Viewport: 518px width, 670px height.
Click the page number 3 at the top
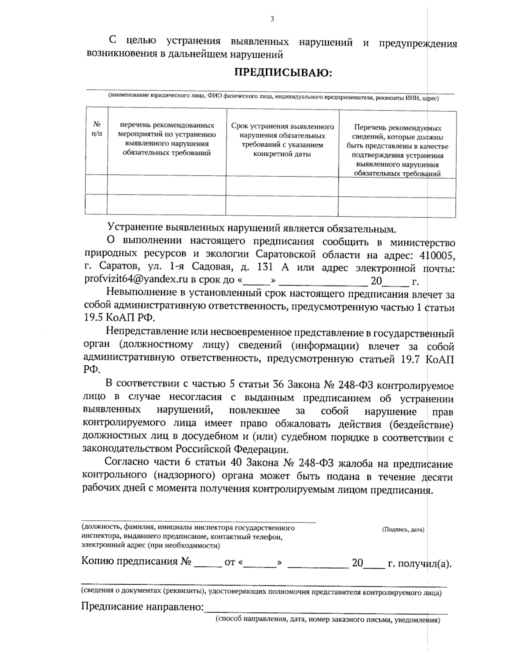click(x=272, y=19)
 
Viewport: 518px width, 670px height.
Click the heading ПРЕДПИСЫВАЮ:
click(x=283, y=72)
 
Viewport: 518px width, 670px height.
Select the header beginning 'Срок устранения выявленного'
click(x=283, y=140)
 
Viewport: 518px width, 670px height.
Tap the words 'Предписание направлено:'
click(x=142, y=607)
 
